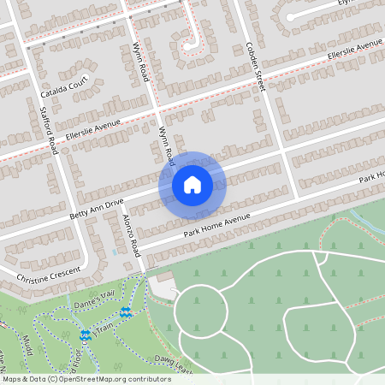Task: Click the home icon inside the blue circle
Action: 192,184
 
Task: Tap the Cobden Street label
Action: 255,66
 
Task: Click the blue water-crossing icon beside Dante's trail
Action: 126,313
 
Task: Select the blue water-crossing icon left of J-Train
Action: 85,335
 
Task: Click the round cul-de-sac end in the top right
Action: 290,16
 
